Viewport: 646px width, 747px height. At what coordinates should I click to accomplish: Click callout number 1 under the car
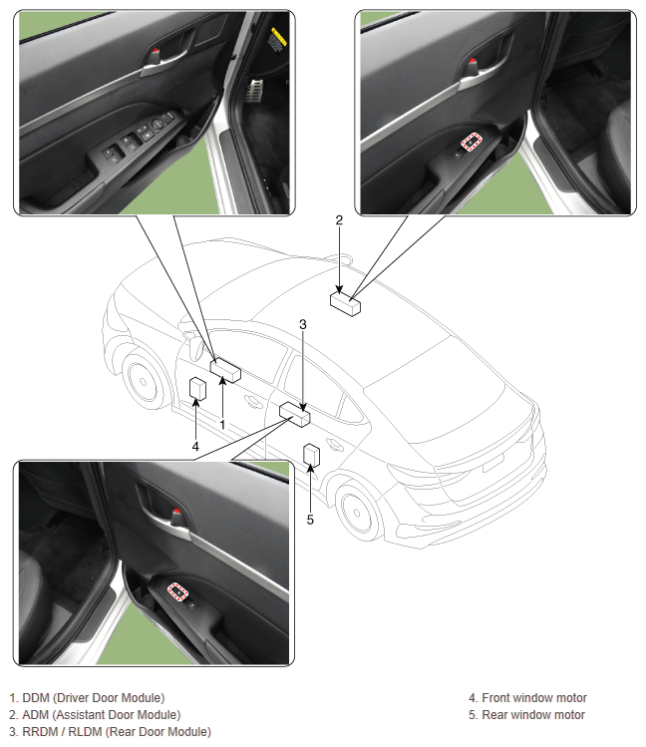pyautogui.click(x=222, y=425)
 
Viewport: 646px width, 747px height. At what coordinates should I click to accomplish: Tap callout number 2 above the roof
pyautogui.click(x=339, y=220)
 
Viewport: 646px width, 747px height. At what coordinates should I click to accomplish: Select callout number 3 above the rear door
pyautogui.click(x=303, y=325)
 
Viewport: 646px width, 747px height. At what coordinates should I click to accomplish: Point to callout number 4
pyautogui.click(x=195, y=447)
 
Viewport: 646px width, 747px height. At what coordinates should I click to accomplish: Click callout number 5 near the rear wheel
pyautogui.click(x=310, y=520)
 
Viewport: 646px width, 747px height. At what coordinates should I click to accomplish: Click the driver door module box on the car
pyautogui.click(x=225, y=370)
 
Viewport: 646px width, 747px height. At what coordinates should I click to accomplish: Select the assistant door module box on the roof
pyautogui.click(x=345, y=304)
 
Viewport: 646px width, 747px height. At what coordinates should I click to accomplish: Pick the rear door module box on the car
pyautogui.click(x=295, y=414)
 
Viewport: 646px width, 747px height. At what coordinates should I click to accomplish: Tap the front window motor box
pyautogui.click(x=197, y=389)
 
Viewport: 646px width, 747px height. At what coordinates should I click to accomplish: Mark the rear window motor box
pyautogui.click(x=311, y=456)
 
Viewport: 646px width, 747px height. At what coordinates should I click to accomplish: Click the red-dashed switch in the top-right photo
pyautogui.click(x=472, y=142)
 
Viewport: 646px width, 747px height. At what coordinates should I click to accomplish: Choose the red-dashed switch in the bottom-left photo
pyautogui.click(x=177, y=592)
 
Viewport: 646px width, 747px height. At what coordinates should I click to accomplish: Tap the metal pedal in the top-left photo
pyautogui.click(x=254, y=91)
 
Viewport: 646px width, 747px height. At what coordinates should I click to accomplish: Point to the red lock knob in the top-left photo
pyautogui.click(x=158, y=50)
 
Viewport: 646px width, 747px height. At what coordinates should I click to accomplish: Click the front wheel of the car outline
pyautogui.click(x=142, y=381)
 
